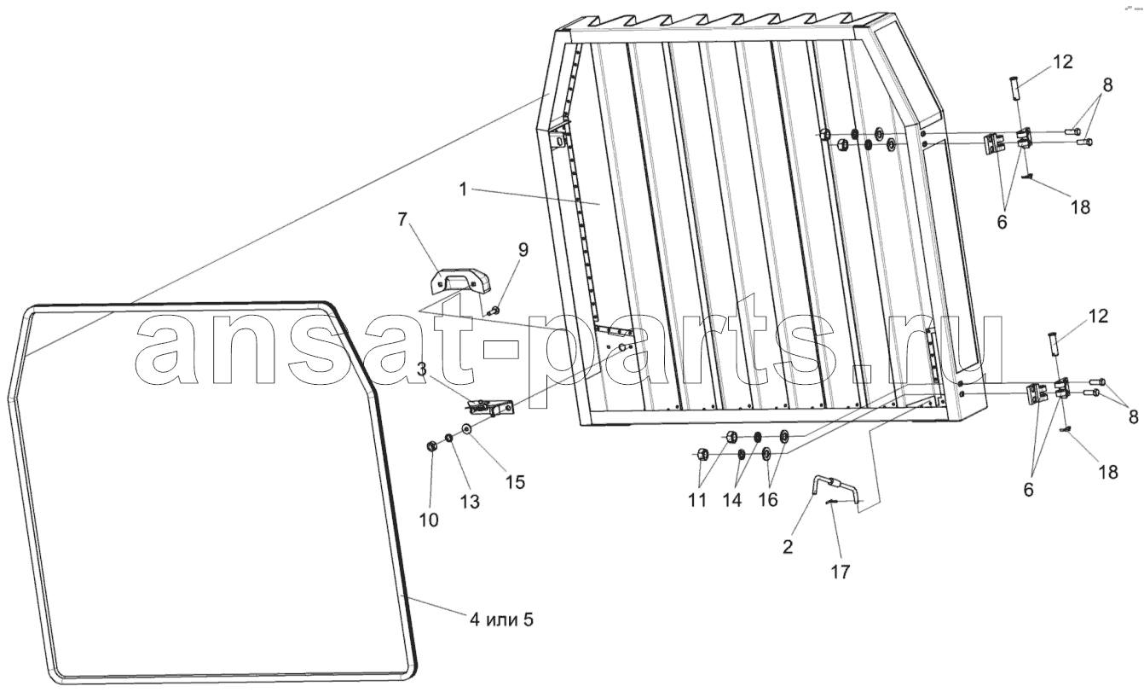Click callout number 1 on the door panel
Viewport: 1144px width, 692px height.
click(x=463, y=189)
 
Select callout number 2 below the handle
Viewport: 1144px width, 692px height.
click(x=788, y=547)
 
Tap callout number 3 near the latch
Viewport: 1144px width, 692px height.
click(x=422, y=369)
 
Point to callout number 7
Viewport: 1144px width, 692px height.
click(x=402, y=219)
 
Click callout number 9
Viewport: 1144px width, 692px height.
click(x=523, y=249)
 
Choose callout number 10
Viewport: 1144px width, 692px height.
click(x=429, y=520)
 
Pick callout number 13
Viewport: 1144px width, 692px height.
click(x=470, y=502)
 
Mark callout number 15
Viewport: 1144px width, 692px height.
click(x=515, y=482)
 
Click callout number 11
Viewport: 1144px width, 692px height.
click(x=697, y=500)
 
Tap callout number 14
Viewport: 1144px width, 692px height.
click(x=731, y=500)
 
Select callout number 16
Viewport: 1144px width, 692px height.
click(x=768, y=500)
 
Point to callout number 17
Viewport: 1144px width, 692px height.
click(x=841, y=573)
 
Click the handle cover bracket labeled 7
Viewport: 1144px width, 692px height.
click(x=458, y=282)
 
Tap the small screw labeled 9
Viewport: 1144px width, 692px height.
click(x=494, y=309)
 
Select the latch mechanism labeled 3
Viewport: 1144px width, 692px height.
click(x=491, y=409)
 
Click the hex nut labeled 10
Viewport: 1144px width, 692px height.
click(x=430, y=446)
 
